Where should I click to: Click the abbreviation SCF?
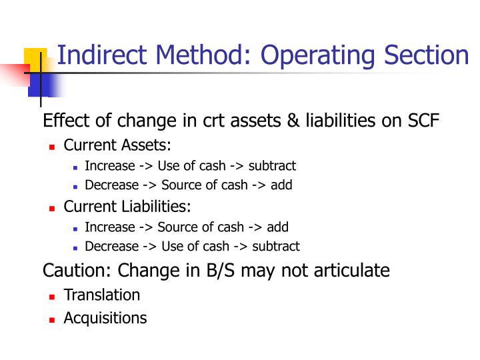[421, 121]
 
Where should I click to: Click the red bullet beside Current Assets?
[52, 147]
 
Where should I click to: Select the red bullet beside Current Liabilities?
[52, 208]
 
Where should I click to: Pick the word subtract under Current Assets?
[272, 166]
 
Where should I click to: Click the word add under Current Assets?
[281, 185]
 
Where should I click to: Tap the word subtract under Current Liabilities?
[276, 247]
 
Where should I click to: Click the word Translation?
[101, 295]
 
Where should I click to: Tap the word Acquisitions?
[105, 318]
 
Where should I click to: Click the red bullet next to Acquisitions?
[52, 319]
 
